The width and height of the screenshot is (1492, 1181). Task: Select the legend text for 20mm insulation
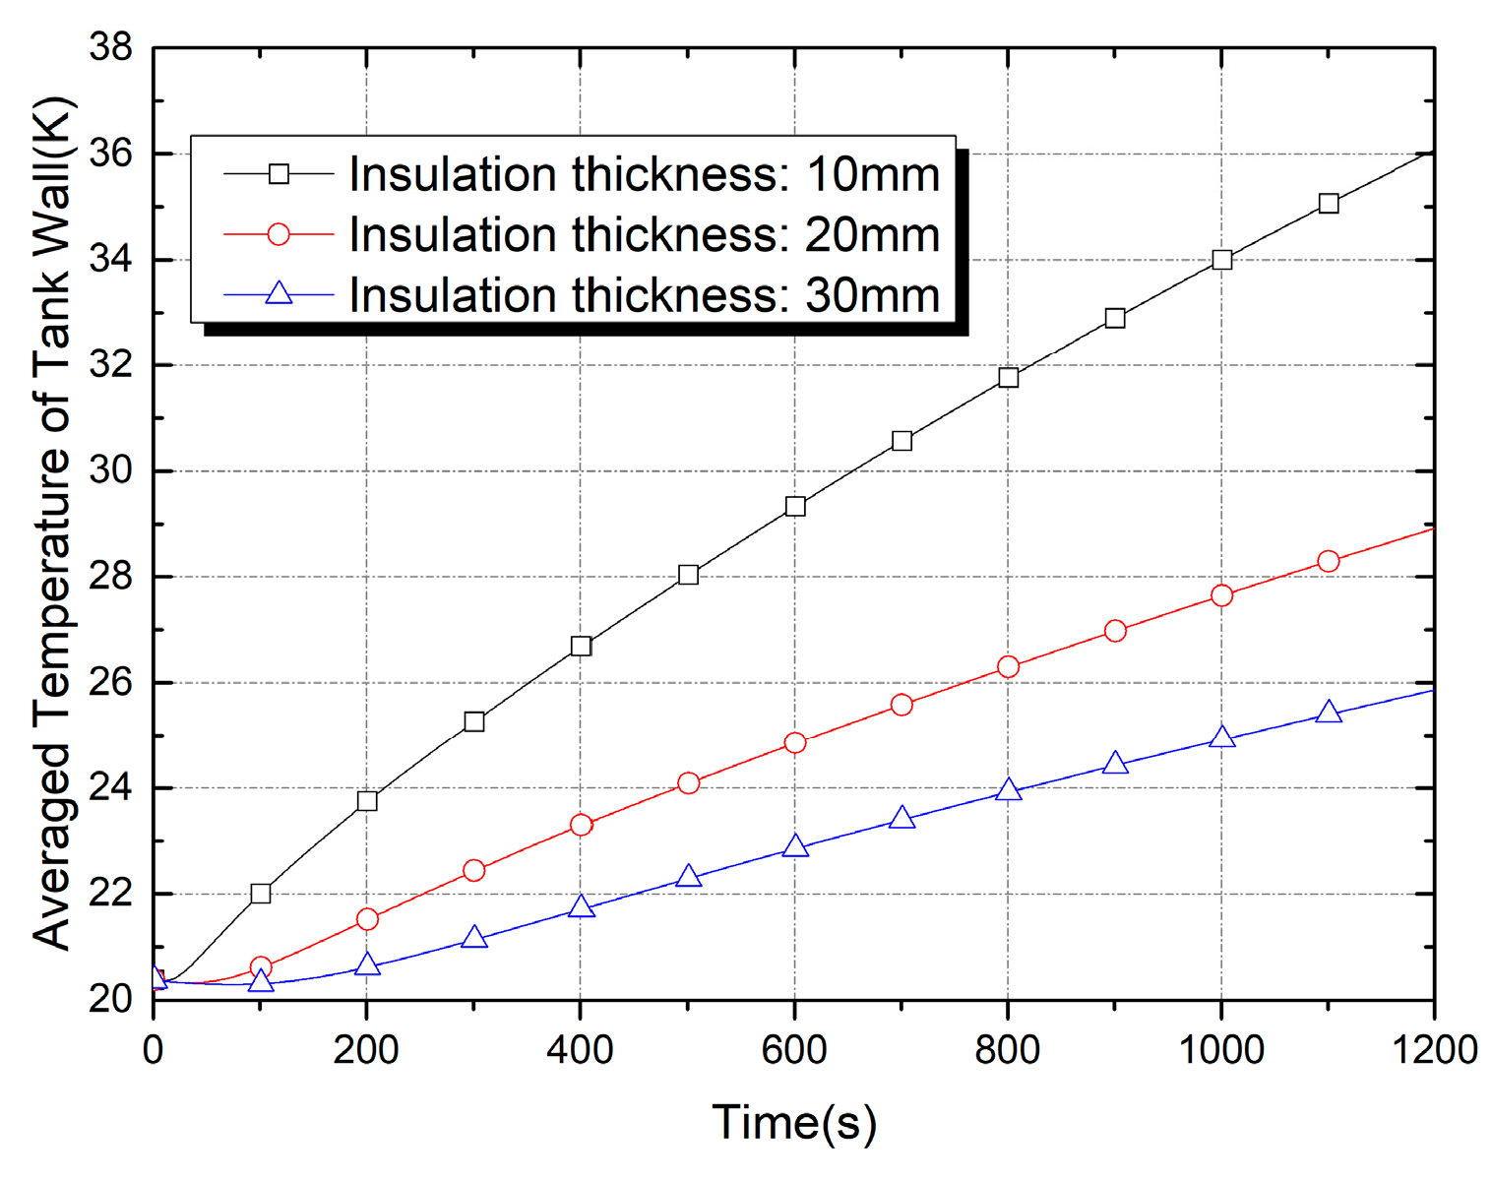644,235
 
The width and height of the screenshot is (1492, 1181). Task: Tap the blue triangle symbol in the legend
280,293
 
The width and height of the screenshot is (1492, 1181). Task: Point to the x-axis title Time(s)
793,1123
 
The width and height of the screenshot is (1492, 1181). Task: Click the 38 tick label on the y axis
110,47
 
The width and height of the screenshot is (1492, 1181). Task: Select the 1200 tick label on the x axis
1434,1050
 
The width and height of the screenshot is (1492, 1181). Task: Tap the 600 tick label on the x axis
793,1050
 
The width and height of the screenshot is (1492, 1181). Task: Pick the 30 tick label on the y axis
110,470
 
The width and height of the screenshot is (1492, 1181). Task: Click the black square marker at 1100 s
1329,204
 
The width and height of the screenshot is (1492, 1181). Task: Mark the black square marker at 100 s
261,894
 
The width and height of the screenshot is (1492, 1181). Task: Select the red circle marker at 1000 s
1221,595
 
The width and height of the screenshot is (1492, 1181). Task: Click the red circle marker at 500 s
688,783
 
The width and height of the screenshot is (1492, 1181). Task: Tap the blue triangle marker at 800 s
1008,790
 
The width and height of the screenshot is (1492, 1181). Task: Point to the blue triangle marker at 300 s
474,937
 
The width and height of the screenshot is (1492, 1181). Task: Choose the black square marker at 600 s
795,507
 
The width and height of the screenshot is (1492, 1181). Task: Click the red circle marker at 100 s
261,967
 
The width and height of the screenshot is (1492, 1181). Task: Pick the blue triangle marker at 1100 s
1329,712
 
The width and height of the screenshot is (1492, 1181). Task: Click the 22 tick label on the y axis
110,894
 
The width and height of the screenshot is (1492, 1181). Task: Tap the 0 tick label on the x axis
153,1050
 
